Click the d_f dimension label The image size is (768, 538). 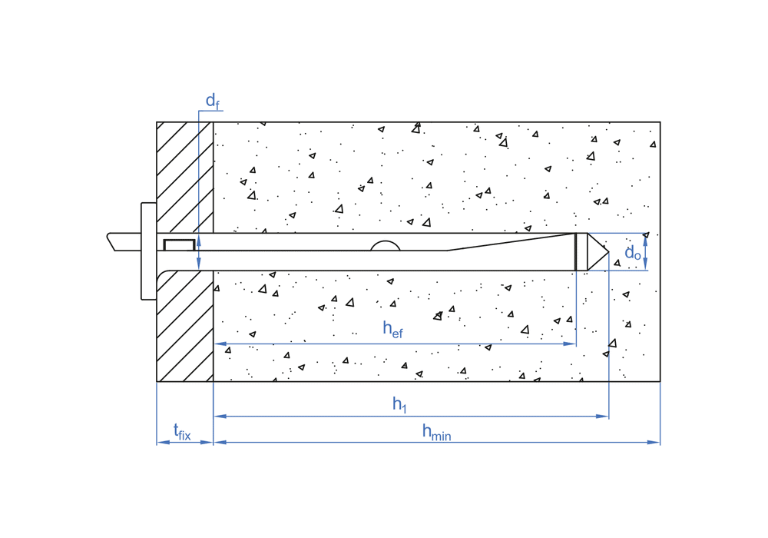pyautogui.click(x=212, y=101)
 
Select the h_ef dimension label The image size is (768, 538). pyautogui.click(x=392, y=329)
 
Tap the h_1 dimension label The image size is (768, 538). pyautogui.click(x=399, y=403)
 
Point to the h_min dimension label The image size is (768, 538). pyautogui.click(x=435, y=432)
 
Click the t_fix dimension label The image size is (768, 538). pyautogui.click(x=181, y=432)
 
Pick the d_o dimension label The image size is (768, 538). pyautogui.click(x=632, y=252)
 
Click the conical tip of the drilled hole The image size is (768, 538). pyautogui.click(x=598, y=252)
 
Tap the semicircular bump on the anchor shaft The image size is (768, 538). pyautogui.click(x=386, y=246)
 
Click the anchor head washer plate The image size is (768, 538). pyautogui.click(x=148, y=251)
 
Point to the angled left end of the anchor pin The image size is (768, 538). pyautogui.click(x=113, y=241)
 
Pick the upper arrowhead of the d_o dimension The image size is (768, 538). pyautogui.click(x=645, y=238)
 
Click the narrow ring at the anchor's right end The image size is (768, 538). pyautogui.click(x=581, y=252)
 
